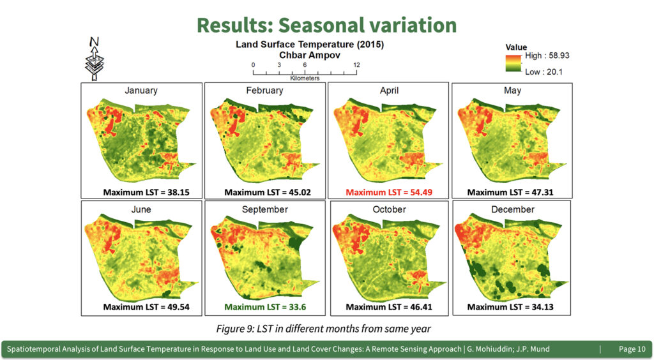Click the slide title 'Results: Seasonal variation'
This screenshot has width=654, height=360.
[326, 25]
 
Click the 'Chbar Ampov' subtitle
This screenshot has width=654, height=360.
[310, 55]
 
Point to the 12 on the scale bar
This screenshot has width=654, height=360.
[356, 64]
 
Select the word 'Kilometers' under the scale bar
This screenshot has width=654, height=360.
[305, 78]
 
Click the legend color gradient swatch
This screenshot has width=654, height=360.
[513, 63]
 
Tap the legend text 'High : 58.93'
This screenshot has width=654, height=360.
[547, 56]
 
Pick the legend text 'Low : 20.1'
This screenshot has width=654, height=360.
[544, 71]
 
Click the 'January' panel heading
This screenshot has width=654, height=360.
[141, 91]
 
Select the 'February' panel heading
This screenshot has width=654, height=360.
[264, 91]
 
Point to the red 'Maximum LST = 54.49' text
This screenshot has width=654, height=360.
[389, 192]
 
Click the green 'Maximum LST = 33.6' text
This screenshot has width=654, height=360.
[265, 307]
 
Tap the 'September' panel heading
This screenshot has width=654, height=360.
[265, 209]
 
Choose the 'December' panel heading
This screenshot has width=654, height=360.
[513, 209]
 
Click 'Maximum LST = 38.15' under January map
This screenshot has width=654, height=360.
[146, 192]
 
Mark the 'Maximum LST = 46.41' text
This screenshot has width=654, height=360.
[389, 307]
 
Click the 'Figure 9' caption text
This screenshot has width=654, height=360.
[323, 329]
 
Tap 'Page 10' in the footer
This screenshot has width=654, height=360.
[632, 349]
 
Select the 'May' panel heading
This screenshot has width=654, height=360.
[512, 91]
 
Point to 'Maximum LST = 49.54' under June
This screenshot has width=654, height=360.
[146, 307]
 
